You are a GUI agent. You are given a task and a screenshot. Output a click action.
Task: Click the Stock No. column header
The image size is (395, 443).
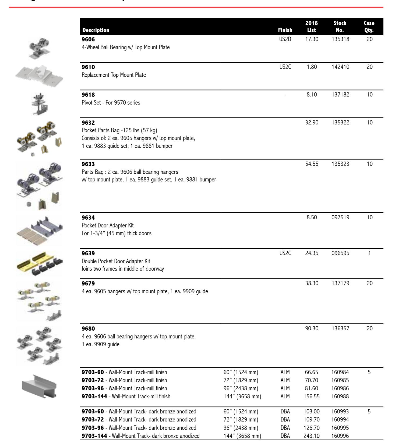point(340,27)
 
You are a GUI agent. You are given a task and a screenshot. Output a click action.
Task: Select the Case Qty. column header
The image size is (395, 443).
point(369,27)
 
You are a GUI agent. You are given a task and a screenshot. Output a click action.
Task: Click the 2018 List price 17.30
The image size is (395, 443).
point(312,39)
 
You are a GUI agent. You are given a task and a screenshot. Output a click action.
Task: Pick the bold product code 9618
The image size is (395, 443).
point(88,95)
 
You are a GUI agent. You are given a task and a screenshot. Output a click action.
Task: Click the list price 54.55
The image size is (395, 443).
point(312,164)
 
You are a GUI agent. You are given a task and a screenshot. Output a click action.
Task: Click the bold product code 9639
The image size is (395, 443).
point(88,253)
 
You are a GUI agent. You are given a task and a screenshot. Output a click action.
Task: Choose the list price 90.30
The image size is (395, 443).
point(312,328)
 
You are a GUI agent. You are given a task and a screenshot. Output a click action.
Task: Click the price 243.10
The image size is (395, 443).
point(312,436)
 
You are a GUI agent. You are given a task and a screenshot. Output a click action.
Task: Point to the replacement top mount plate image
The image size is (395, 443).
point(39,74)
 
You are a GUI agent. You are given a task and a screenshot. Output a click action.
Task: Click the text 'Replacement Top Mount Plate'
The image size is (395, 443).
point(114,75)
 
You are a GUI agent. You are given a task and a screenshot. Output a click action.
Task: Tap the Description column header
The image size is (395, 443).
point(96,30)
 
